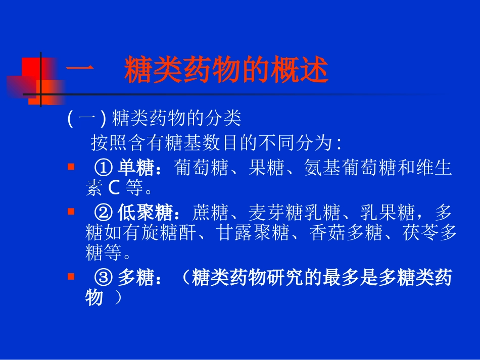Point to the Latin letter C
coord(113,188)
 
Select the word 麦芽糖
coord(266,212)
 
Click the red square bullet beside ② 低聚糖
coord(71,210)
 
